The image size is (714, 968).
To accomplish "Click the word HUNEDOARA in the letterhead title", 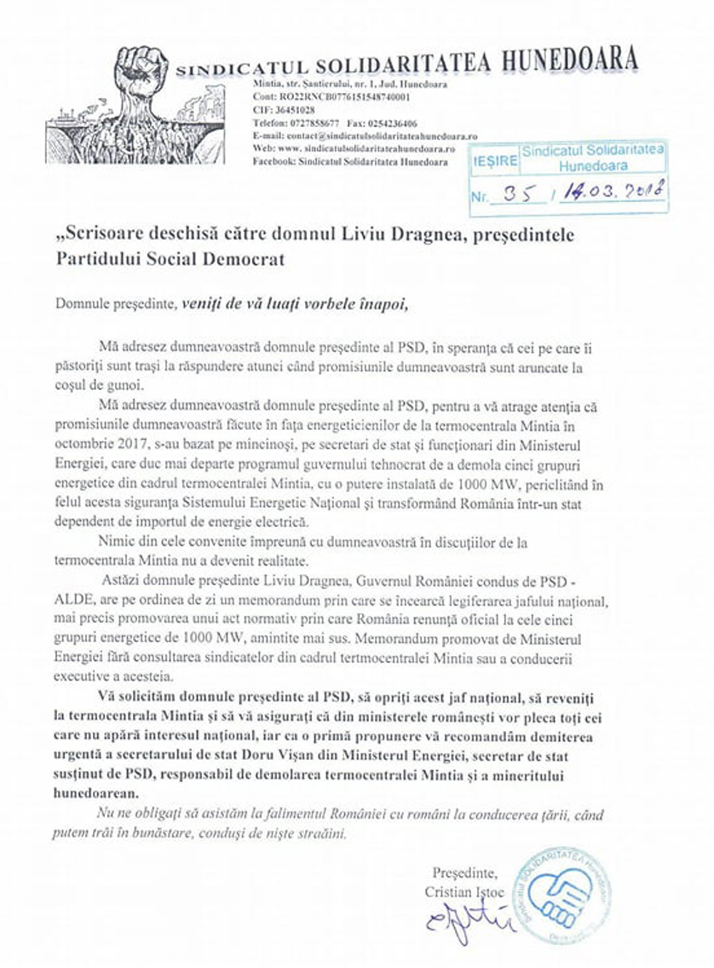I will [x=569, y=61].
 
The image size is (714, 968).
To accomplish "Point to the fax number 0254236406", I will [x=390, y=123].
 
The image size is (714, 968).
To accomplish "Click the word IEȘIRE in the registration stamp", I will [x=494, y=161].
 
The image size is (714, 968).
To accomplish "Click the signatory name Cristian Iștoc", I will [x=464, y=892].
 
